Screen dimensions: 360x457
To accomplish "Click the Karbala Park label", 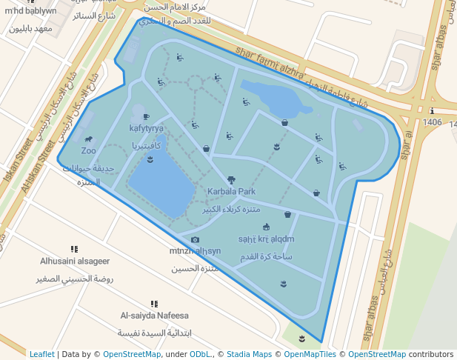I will click(x=231, y=191).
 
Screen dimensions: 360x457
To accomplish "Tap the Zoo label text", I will click(x=89, y=150).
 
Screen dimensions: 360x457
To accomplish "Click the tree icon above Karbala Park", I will click(x=231, y=179).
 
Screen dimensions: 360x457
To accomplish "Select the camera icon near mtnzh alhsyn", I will click(x=195, y=239).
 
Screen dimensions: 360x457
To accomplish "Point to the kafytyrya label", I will click(x=146, y=128).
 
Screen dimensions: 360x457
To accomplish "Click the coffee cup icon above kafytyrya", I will click(x=146, y=116).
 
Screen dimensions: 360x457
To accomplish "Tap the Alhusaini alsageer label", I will click(x=75, y=261).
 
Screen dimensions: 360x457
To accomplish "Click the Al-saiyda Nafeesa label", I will click(x=154, y=316).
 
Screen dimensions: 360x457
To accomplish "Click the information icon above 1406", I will click(x=432, y=111).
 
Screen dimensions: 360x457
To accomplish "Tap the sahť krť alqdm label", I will click(x=266, y=239).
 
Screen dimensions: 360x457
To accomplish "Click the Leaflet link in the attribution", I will click(x=42, y=354).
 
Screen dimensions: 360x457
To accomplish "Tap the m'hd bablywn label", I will click(x=30, y=11).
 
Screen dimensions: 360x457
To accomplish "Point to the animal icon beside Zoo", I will click(x=89, y=139).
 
